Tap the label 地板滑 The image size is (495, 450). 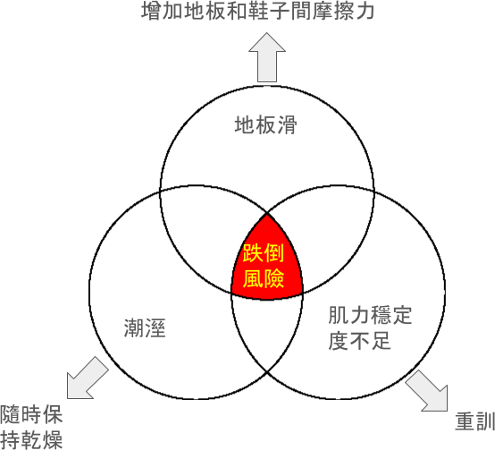[265, 125]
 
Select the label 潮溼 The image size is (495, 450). [145, 328]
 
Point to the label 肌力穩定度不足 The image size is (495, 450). [370, 327]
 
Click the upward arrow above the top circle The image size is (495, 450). [267, 57]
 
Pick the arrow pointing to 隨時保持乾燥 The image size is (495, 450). [87, 378]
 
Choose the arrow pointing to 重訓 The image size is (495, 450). [427, 391]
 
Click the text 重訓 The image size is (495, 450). [475, 421]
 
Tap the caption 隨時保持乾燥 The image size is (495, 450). [31, 427]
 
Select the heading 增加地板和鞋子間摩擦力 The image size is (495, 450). [258, 11]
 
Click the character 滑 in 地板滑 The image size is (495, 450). [288, 125]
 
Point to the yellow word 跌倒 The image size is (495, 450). [264, 253]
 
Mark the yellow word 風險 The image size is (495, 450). [264, 278]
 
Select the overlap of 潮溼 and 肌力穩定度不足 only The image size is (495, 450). [267, 328]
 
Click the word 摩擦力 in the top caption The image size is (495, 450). [343, 11]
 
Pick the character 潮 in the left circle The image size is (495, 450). [134, 328]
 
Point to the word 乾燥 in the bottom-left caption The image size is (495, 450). [42, 439]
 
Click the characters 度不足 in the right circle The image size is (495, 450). [359, 341]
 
